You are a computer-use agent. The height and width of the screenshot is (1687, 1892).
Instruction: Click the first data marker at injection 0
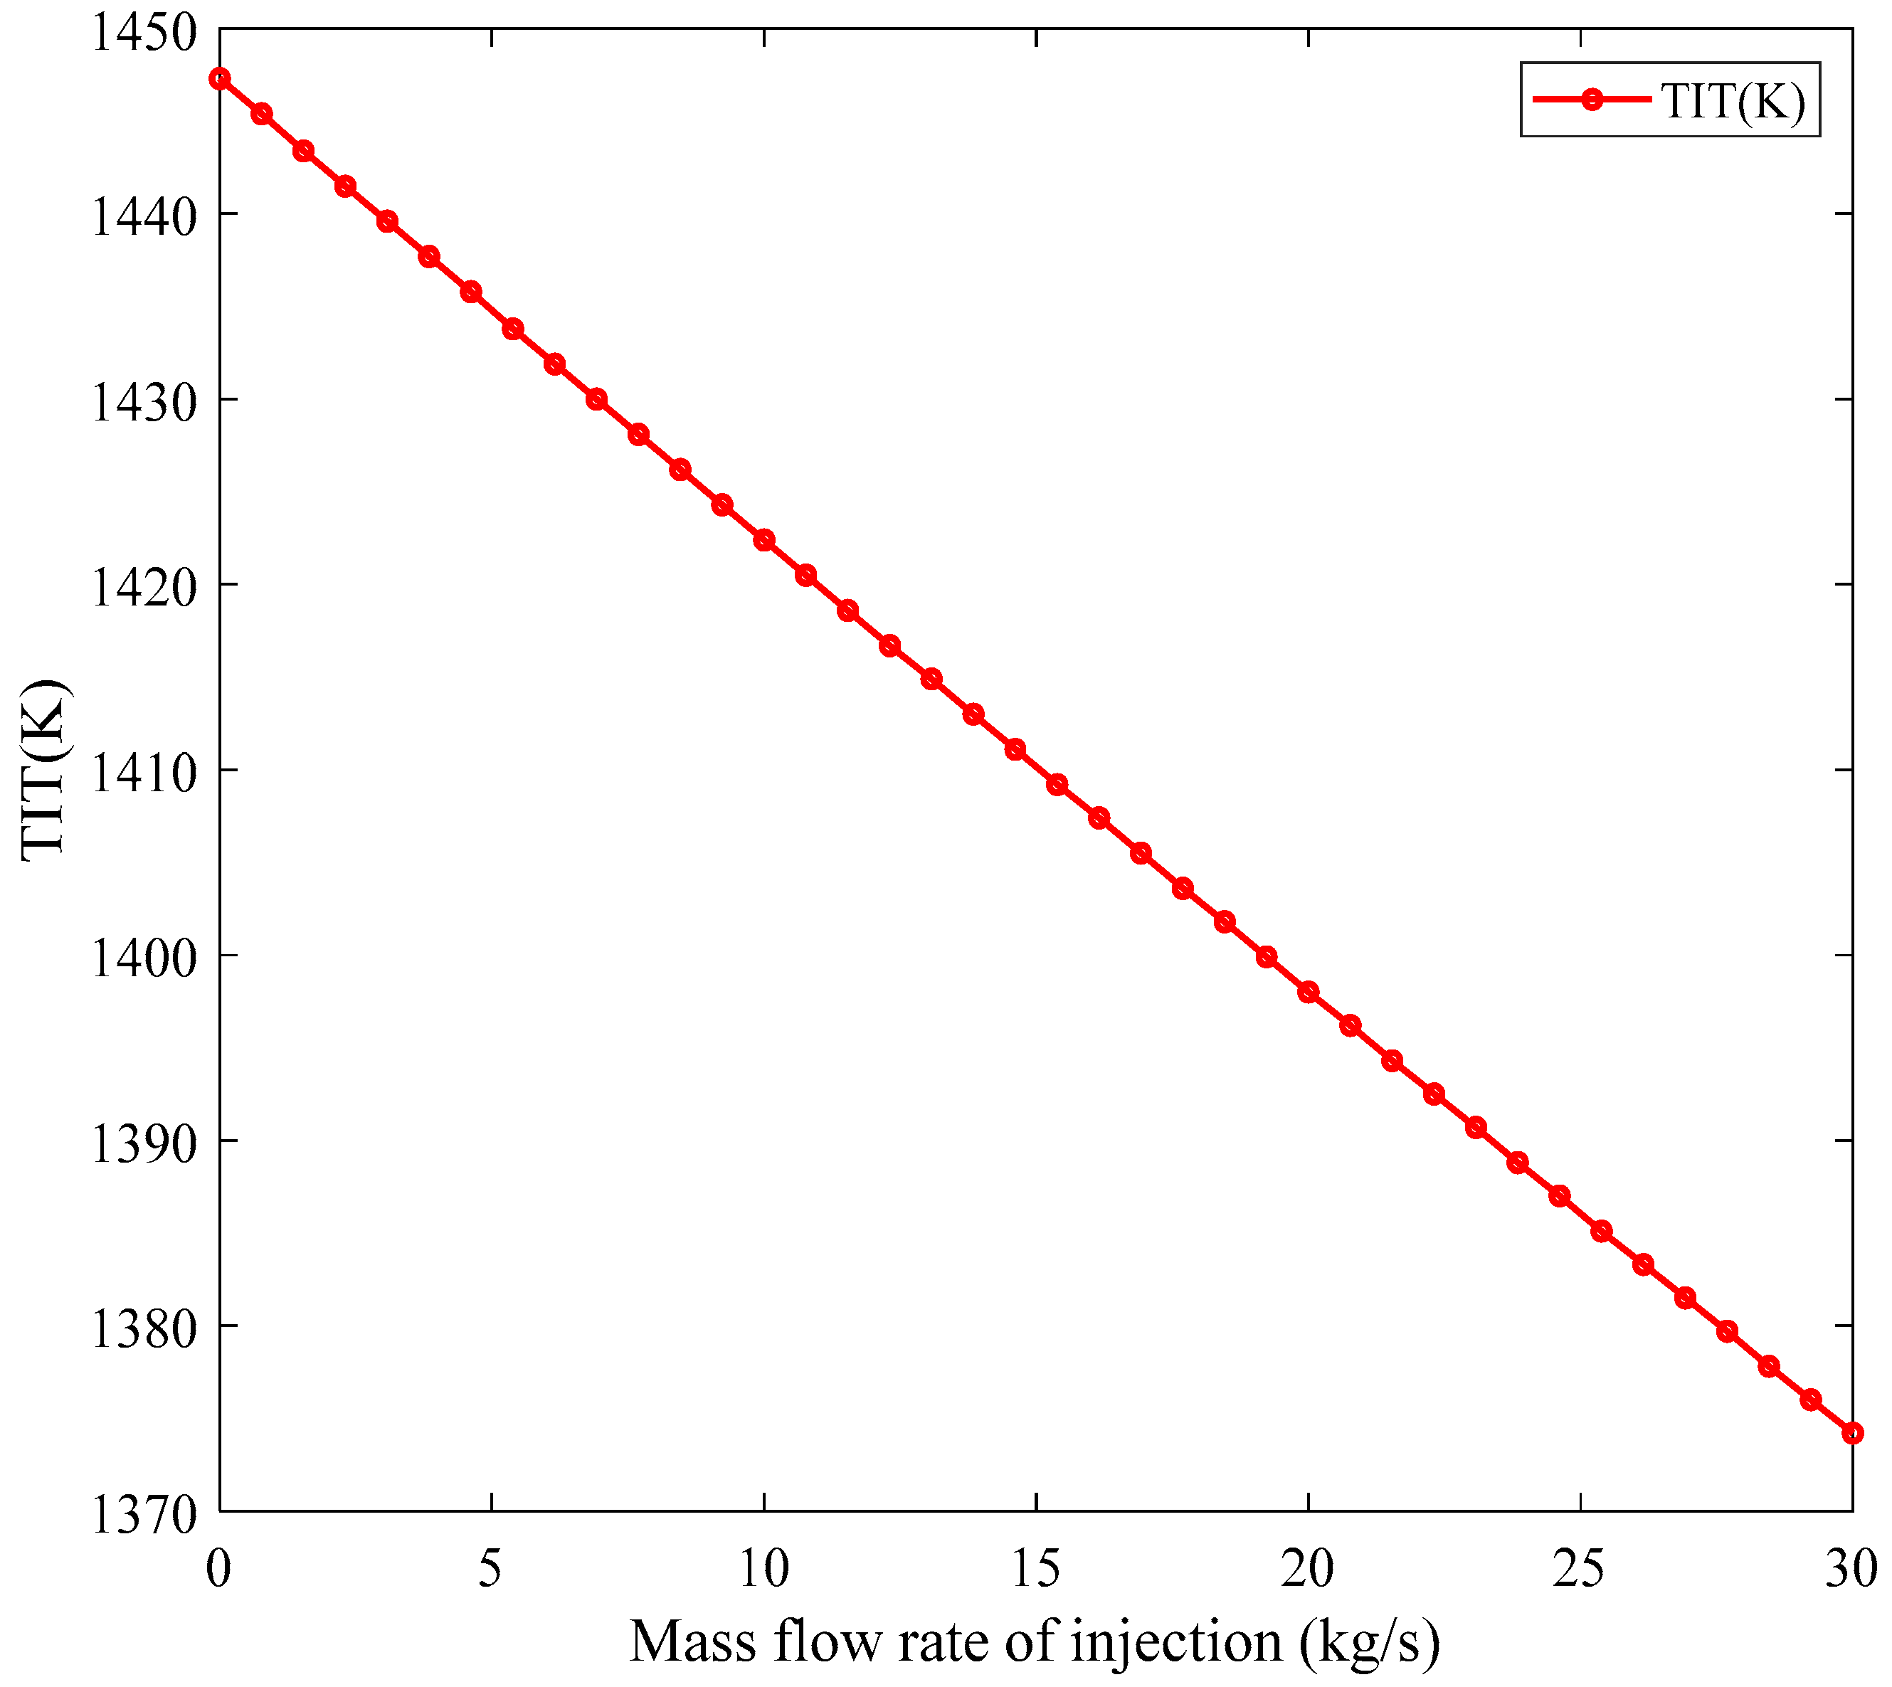(x=220, y=79)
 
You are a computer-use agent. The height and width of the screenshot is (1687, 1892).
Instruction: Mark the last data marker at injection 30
(x=1851, y=1433)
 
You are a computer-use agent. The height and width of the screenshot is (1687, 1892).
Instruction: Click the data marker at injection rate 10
(x=764, y=541)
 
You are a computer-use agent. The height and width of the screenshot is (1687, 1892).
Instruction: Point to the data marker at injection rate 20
(x=1308, y=992)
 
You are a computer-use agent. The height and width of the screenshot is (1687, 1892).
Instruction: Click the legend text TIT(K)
(x=1733, y=101)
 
